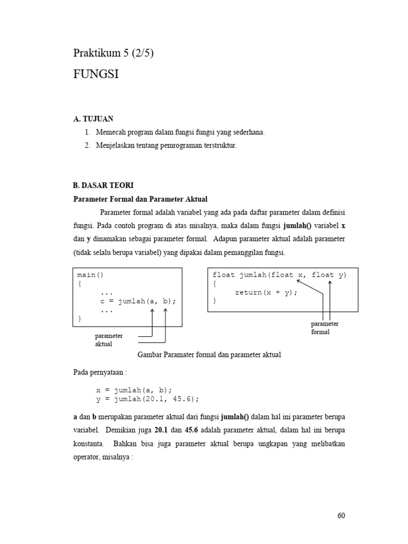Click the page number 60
pyautogui.click(x=341, y=515)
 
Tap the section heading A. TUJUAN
pyautogui.click(x=93, y=119)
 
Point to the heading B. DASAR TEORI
pyautogui.click(x=103, y=185)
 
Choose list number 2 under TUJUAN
pyautogui.click(x=87, y=144)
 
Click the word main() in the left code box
pyautogui.click(x=91, y=275)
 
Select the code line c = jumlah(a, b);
pyautogui.click(x=138, y=301)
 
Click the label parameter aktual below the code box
pyautogui.click(x=108, y=340)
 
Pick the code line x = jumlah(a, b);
pyautogui.click(x=134, y=389)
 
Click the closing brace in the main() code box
pyautogui.click(x=79, y=318)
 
